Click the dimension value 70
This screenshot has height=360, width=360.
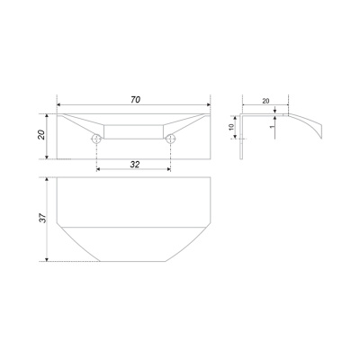pyautogui.click(x=136, y=100)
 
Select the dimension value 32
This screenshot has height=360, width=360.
pyautogui.click(x=135, y=164)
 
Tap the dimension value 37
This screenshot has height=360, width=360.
pyautogui.click(x=43, y=218)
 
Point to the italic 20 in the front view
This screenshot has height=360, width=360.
pyautogui.click(x=41, y=135)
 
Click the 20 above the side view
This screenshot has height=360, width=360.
pyautogui.click(x=265, y=101)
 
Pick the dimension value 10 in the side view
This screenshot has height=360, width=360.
pyautogui.click(x=231, y=127)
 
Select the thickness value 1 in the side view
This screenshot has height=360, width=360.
pyautogui.click(x=272, y=127)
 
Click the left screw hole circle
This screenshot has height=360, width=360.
pyautogui.click(x=96, y=139)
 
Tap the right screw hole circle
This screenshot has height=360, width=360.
pyautogui.click(x=170, y=139)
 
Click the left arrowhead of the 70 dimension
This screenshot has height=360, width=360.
pyautogui.click(x=59, y=104)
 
